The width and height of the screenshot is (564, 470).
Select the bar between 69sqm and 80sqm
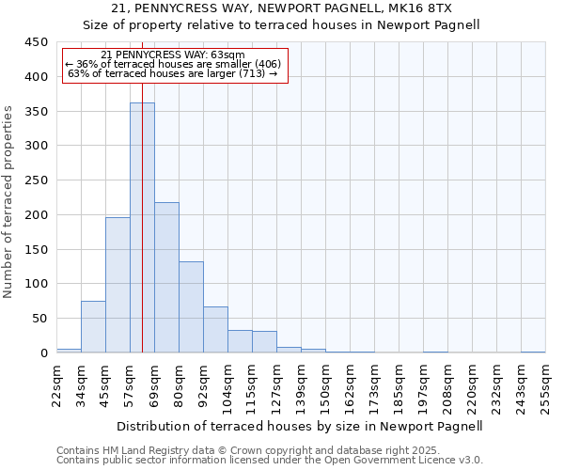coord(166,277)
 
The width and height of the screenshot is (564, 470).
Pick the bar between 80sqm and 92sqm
coord(191,306)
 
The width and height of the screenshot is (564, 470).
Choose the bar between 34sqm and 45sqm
coord(93,326)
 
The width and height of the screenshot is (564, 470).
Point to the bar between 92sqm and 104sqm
coord(215,329)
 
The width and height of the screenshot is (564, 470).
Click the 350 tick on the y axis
coord(37,112)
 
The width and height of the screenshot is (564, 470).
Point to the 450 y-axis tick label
coord(37,42)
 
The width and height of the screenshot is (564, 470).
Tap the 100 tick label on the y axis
coord(37,284)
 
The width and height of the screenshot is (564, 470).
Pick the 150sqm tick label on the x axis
coord(325,384)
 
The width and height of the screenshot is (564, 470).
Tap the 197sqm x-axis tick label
coord(423,384)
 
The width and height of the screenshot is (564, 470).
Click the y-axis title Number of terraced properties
coord(8,202)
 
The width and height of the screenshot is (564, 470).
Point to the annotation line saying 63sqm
coord(172,55)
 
